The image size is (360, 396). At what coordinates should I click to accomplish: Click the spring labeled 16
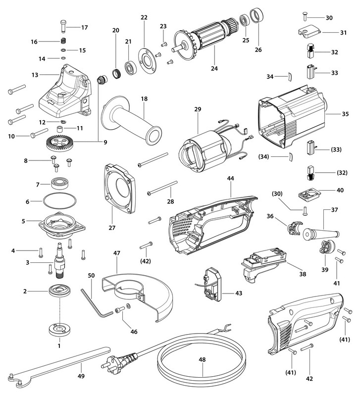(63, 42)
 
